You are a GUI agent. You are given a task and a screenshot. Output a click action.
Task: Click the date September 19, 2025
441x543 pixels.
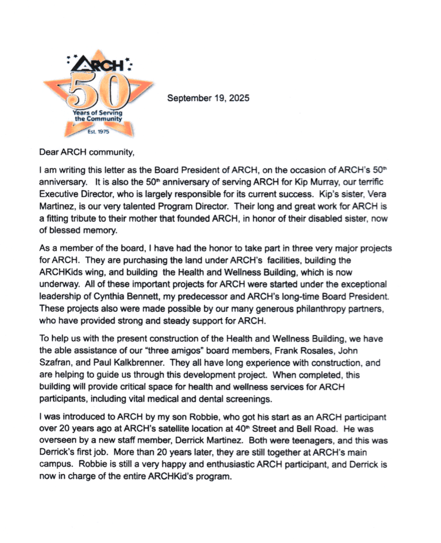coord(208,98)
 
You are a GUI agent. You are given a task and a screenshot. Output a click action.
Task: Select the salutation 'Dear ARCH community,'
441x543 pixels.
coord(87,153)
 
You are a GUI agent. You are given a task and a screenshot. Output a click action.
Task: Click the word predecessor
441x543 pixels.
coord(215,294)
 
